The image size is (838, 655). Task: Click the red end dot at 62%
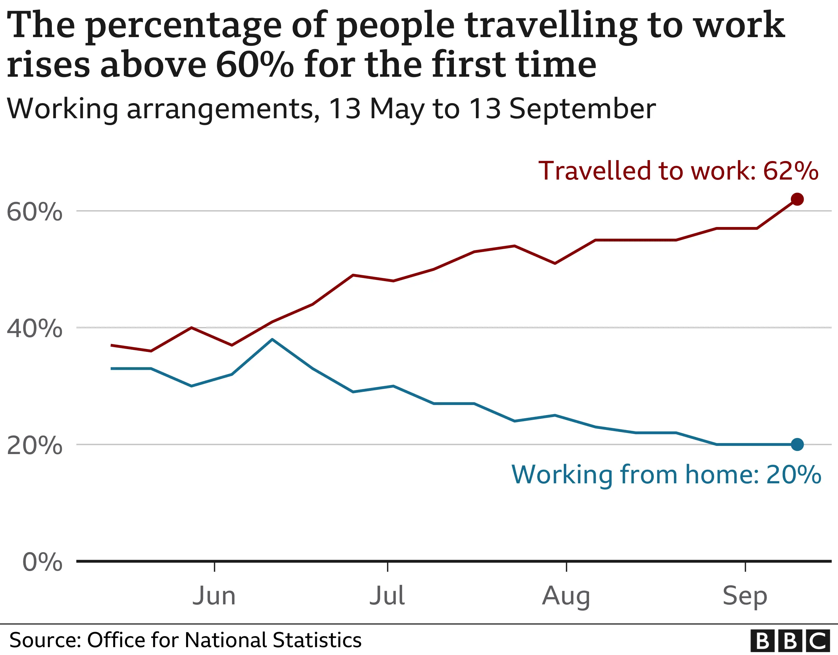(x=797, y=199)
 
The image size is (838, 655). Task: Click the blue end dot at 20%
(x=797, y=444)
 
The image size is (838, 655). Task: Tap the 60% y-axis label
(x=35, y=212)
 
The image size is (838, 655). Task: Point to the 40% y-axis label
(x=35, y=328)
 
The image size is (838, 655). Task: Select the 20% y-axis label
(x=35, y=445)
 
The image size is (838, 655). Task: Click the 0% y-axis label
(x=42, y=562)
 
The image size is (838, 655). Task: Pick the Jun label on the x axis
(x=214, y=596)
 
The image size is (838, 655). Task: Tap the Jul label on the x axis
(x=387, y=596)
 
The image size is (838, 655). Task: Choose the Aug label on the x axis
(x=566, y=597)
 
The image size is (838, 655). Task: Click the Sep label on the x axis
(x=745, y=597)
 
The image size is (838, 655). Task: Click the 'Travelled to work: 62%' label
(x=678, y=170)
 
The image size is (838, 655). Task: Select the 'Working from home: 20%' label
(x=666, y=475)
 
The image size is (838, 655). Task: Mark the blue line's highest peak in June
(x=272, y=339)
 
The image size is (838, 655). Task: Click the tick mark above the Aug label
(x=566, y=567)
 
